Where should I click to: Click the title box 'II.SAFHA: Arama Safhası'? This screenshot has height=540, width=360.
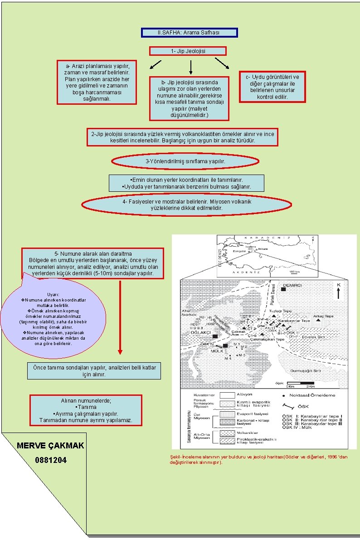[189, 33]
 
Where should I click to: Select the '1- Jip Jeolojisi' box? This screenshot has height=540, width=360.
[188, 51]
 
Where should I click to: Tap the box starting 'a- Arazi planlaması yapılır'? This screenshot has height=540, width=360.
[97, 82]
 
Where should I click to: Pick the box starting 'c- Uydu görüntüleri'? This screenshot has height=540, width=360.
[272, 87]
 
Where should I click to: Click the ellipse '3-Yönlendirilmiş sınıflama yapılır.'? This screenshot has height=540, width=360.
[185, 161]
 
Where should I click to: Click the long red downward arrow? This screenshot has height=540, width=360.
[120, 317]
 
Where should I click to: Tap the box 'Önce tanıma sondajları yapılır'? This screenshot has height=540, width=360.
[94, 371]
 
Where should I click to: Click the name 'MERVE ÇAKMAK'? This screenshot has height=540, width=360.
[50, 445]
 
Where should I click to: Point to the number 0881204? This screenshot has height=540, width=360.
[50, 460]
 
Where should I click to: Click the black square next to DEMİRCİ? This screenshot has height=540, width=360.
[284, 289]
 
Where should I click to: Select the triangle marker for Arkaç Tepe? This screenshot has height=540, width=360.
[318, 321]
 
